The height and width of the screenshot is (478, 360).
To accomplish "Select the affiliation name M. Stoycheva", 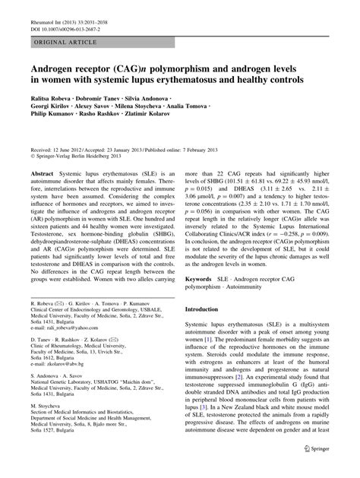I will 49,407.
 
